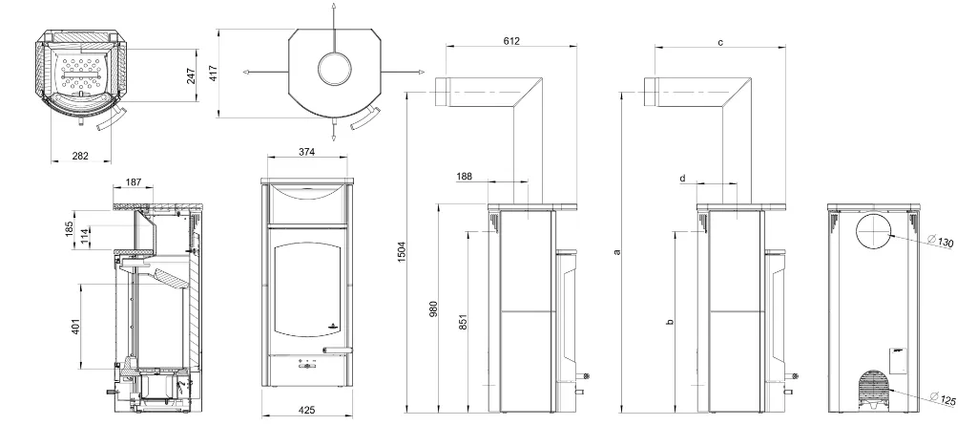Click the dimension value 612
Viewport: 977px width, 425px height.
pyautogui.click(x=510, y=41)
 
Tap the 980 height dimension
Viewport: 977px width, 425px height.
pyautogui.click(x=434, y=308)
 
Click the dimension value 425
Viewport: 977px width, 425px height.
pyautogui.click(x=306, y=410)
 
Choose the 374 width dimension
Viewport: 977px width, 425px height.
pyautogui.click(x=306, y=152)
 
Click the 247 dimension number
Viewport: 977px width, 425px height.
pyautogui.click(x=191, y=75)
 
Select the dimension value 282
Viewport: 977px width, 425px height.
pyautogui.click(x=80, y=156)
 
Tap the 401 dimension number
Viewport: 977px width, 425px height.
pyautogui.click(x=76, y=327)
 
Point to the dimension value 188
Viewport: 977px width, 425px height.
pyautogui.click(x=464, y=177)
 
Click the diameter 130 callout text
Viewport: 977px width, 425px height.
pyautogui.click(x=941, y=242)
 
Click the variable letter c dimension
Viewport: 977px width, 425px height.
pyautogui.click(x=720, y=42)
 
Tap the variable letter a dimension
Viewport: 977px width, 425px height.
pyautogui.click(x=617, y=251)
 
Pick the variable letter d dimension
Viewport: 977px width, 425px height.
pyautogui.click(x=682, y=178)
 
